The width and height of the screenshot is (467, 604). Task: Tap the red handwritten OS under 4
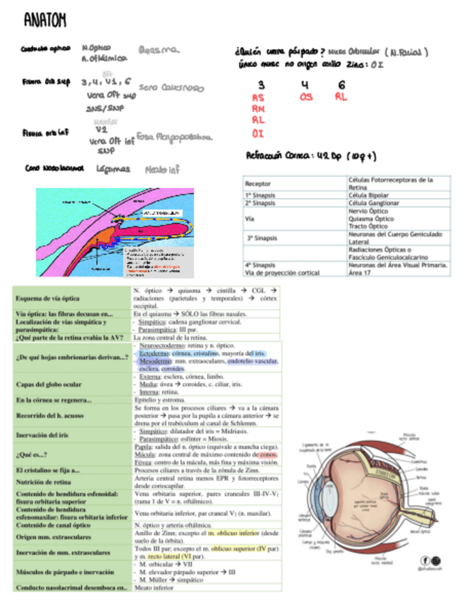point(306,97)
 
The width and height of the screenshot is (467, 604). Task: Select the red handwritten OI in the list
point(258,132)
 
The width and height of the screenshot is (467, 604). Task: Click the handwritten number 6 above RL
point(342,84)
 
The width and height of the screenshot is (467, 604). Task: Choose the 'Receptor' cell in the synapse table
point(257,183)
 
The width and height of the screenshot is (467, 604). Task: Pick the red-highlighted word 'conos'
point(268,454)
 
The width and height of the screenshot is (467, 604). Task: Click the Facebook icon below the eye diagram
point(425,561)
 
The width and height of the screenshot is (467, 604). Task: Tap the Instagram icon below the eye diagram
point(436,561)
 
